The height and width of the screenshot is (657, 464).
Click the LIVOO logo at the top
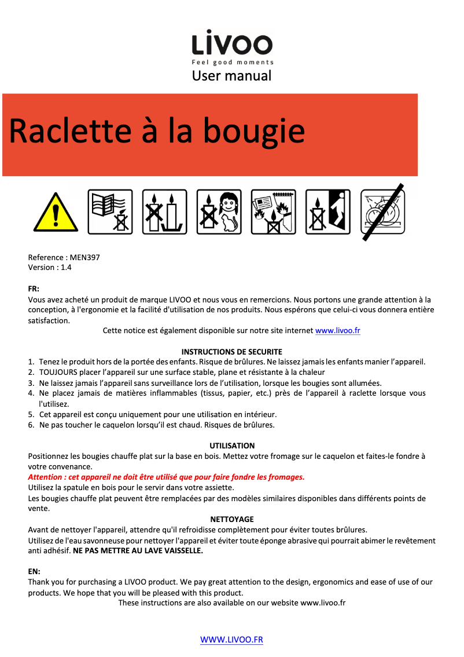[232, 45]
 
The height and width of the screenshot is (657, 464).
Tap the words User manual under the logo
[231, 75]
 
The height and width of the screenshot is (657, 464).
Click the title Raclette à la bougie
[157, 131]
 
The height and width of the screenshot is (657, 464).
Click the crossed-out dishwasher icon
[383, 212]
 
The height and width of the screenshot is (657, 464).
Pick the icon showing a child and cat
[219, 212]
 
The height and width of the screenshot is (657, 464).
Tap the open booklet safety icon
[110, 212]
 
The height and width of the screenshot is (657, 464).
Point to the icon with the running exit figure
[327, 212]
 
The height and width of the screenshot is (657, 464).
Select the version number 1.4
[66, 268]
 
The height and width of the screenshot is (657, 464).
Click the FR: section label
[34, 289]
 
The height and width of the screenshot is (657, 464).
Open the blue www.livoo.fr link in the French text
[338, 331]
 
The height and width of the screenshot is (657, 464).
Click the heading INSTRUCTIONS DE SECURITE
[231, 352]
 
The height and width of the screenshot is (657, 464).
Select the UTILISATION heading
[231, 446]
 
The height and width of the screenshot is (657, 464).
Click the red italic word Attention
[46, 477]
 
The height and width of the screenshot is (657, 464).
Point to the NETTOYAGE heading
[231, 519]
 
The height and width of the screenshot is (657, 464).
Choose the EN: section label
[34, 571]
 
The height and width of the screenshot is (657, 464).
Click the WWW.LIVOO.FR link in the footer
[231, 640]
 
